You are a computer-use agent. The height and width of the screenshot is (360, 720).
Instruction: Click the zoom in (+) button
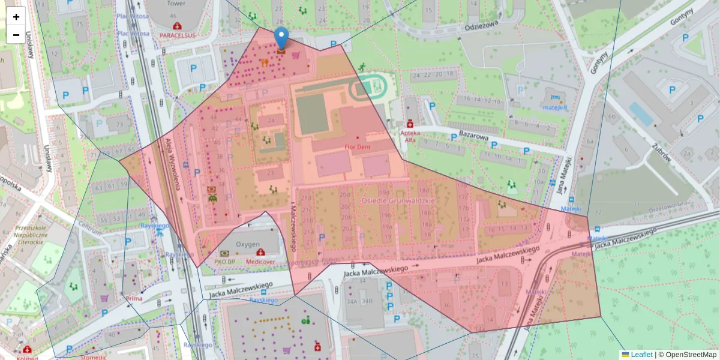(x=16, y=17)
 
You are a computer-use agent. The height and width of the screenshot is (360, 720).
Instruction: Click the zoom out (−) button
(x=16, y=35)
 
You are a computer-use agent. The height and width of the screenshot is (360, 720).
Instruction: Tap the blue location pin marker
(x=281, y=39)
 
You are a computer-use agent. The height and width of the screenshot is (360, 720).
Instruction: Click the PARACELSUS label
(x=178, y=35)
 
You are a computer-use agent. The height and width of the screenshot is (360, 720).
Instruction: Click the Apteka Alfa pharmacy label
(x=410, y=135)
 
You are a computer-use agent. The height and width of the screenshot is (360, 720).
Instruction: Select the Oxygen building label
(x=247, y=244)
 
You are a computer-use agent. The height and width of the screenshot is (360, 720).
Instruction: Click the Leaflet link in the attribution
(x=641, y=355)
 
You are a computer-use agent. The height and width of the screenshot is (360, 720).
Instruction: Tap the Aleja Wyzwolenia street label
(x=173, y=164)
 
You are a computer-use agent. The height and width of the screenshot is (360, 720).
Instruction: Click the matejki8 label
(x=556, y=107)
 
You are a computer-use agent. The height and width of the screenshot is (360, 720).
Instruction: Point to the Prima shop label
(x=133, y=298)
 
